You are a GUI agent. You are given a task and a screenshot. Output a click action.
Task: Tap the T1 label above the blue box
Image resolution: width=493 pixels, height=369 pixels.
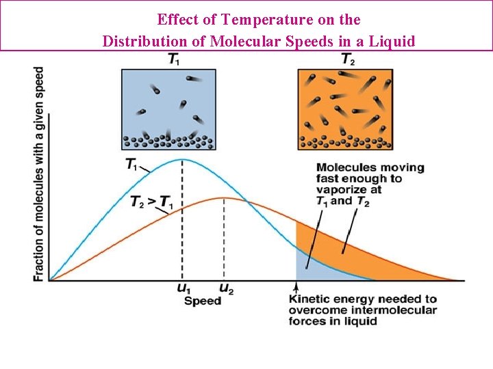click(175, 59)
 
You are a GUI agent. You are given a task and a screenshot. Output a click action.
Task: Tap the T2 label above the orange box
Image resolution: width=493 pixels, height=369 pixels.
click(348, 59)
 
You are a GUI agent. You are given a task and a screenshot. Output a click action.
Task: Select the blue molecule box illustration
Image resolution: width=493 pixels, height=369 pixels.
click(168, 109)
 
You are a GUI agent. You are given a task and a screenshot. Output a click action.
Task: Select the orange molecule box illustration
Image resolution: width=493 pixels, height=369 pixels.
click(346, 109)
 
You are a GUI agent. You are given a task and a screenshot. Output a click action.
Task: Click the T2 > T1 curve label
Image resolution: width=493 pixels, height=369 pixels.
click(151, 202)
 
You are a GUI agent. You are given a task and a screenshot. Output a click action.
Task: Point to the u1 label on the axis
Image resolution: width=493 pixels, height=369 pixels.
click(184, 289)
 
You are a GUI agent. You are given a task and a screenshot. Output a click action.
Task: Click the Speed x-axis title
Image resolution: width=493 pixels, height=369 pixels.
click(203, 301)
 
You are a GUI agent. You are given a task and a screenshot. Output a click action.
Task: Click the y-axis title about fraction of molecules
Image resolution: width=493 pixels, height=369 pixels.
click(39, 174)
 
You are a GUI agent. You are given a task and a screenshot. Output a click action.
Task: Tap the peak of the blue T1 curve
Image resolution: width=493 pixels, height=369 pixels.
click(181, 159)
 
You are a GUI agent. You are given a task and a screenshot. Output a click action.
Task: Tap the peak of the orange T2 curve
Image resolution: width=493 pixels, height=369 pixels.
click(224, 198)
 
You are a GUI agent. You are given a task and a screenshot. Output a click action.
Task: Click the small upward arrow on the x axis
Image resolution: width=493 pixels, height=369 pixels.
click(296, 287)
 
